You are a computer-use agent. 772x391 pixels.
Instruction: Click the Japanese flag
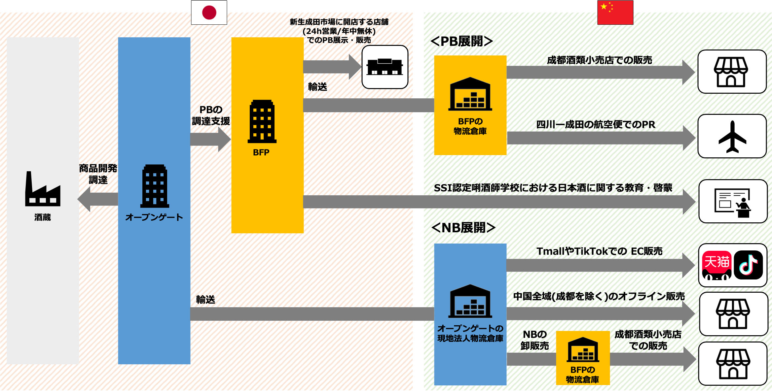click(209, 13)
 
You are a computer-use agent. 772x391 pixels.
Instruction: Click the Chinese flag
click(615, 13)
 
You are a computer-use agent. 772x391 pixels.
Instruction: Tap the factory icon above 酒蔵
click(43, 189)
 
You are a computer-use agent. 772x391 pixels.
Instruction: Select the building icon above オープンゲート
click(155, 186)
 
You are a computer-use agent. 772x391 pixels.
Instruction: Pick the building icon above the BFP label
click(262, 121)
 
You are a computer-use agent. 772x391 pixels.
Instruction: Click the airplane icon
click(732, 137)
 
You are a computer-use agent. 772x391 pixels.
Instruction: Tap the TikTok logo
click(748, 265)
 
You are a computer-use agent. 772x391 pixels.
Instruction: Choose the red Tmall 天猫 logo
click(717, 265)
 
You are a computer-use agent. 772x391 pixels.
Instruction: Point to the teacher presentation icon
click(733, 202)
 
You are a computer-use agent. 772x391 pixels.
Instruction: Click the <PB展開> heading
click(461, 41)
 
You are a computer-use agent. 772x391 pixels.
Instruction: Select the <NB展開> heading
click(463, 228)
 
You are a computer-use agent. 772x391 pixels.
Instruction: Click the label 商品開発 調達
click(98, 174)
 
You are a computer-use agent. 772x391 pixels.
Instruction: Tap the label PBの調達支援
click(211, 115)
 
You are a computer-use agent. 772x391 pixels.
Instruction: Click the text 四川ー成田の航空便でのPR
click(596, 124)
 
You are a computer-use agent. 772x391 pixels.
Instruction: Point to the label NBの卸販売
click(534, 340)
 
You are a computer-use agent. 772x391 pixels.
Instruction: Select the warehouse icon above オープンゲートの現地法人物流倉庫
click(470, 301)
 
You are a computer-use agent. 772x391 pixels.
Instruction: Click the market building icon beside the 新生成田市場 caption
click(385, 67)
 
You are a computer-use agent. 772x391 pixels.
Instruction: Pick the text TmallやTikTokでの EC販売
click(599, 251)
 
